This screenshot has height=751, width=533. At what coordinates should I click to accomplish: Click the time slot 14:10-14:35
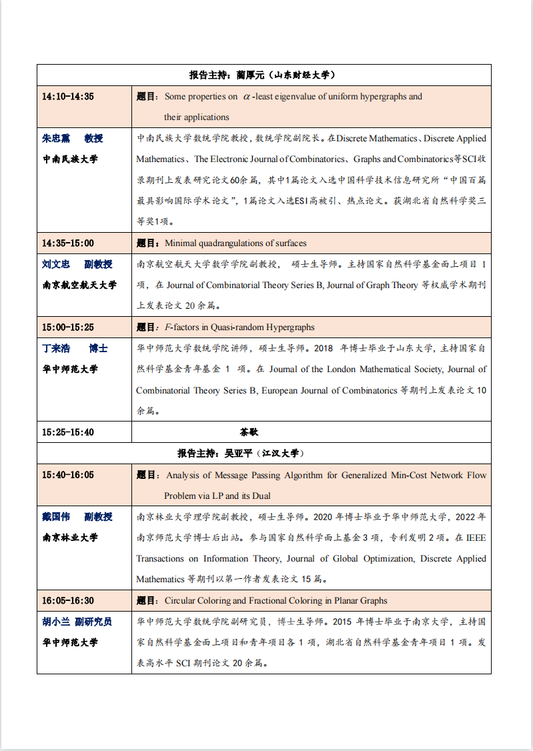(x=68, y=97)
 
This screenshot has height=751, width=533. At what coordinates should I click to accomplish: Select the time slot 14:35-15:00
(x=68, y=243)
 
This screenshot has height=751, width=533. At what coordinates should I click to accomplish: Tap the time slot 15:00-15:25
(x=68, y=327)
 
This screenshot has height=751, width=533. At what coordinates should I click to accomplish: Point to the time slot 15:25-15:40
(x=68, y=432)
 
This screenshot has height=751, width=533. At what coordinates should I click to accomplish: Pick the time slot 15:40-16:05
(x=68, y=475)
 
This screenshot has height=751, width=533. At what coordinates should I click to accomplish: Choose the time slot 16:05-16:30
(x=68, y=601)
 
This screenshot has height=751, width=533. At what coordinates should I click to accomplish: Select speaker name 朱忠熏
(x=56, y=139)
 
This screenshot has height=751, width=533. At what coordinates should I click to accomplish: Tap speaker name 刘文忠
(x=56, y=265)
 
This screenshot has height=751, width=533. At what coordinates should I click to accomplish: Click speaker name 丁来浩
(x=56, y=349)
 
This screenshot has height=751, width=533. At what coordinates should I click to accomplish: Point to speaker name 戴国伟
(x=56, y=517)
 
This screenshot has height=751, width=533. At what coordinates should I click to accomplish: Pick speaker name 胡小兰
(x=56, y=622)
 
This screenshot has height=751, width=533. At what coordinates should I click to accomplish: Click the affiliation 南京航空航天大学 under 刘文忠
(x=79, y=285)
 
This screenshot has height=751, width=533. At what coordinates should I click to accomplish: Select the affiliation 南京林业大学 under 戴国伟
(x=70, y=538)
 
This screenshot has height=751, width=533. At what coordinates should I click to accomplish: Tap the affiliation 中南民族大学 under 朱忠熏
(x=70, y=159)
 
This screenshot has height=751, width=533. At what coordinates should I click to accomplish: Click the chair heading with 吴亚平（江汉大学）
(x=241, y=454)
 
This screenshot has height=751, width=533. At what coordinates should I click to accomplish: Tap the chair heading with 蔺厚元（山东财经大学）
(x=261, y=75)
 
